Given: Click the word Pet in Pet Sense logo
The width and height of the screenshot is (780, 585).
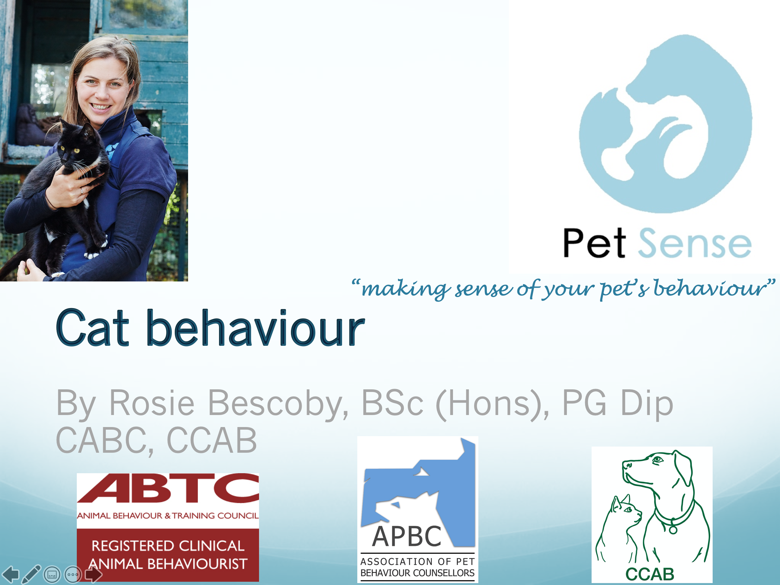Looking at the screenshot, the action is click(594, 243).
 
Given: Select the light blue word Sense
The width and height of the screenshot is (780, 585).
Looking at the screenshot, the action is click(695, 243).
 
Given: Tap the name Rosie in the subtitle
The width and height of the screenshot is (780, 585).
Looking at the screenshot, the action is click(152, 403).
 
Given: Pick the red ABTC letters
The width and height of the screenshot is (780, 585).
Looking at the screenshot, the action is click(168, 488).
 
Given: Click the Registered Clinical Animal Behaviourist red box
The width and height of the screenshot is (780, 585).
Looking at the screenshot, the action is click(168, 555).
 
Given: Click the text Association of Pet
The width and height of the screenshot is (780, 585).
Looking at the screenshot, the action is click(417, 561).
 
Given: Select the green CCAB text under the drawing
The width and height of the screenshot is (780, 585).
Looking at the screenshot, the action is click(650, 574).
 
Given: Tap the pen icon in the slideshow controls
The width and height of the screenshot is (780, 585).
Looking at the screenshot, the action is click(31, 574).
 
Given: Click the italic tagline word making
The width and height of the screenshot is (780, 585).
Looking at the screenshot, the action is click(405, 290).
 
